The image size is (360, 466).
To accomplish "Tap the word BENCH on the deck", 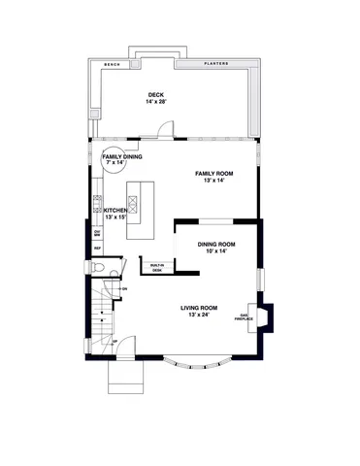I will point(112,63).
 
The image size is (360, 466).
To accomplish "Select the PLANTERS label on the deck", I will point(215,63).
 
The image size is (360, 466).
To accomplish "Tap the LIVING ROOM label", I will point(197,308).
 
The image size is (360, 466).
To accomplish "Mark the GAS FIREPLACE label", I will point(246,316).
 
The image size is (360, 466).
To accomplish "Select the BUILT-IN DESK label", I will point(156,267).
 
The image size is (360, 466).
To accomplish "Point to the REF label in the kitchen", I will point(97,249).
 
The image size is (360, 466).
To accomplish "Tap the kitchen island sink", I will point(133,204).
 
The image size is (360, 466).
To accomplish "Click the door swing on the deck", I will point(168,129).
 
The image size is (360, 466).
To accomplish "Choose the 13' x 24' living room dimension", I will point(197,315).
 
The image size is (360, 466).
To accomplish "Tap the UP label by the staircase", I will point(115,342).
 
